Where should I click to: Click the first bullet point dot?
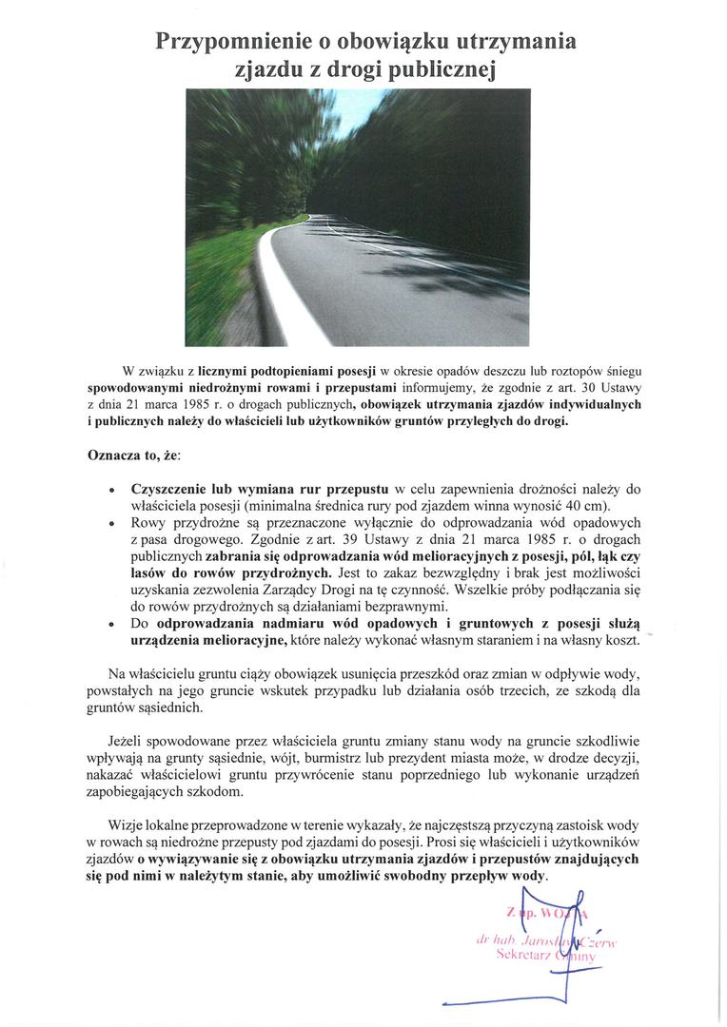pyautogui.click(x=113, y=490)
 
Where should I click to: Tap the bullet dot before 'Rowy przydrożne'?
pyautogui.click(x=113, y=524)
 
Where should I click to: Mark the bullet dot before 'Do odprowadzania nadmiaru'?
pyautogui.click(x=113, y=626)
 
